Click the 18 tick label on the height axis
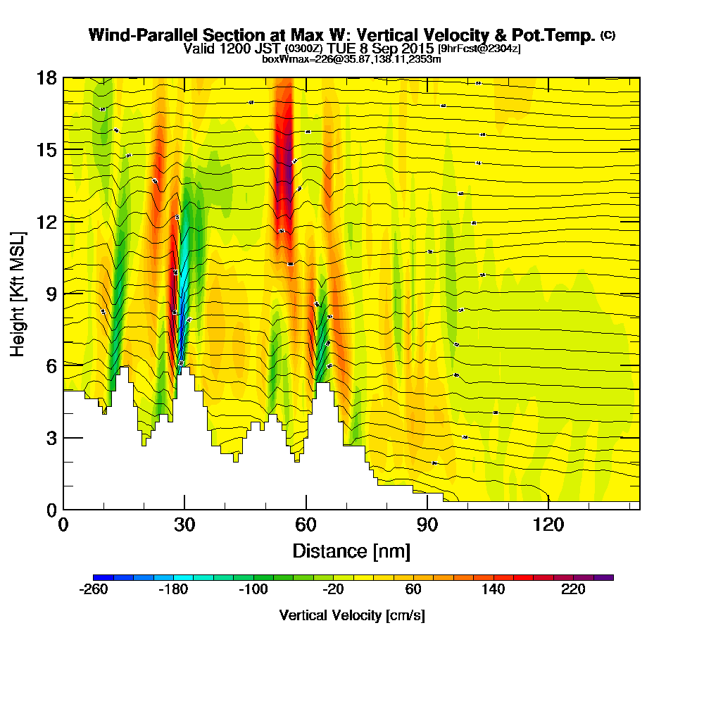pos(46,77)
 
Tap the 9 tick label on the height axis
pos(51,294)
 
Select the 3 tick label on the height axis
pos(51,437)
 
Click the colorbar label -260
pos(94,590)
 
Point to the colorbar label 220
pos(574,590)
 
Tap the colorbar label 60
pos(413,590)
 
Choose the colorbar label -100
pos(253,590)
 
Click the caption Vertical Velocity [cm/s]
pos(352,615)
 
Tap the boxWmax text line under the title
pos(351,59)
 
